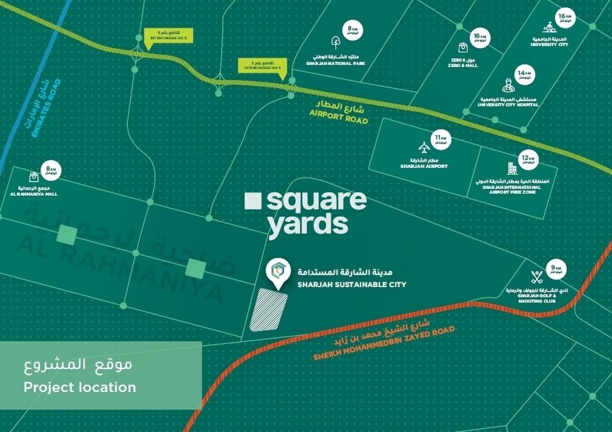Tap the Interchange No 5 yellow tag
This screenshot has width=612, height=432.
[x=262, y=66]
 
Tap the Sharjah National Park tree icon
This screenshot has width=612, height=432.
[x=336, y=41]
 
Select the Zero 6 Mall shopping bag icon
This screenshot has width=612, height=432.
[x=463, y=47]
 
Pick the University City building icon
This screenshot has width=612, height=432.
[x=549, y=28]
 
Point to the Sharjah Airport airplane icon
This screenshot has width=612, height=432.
[x=424, y=147]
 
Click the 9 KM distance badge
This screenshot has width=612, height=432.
[x=557, y=269]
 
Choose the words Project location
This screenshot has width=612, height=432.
[x=80, y=387]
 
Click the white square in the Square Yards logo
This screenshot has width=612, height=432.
[x=252, y=200]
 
